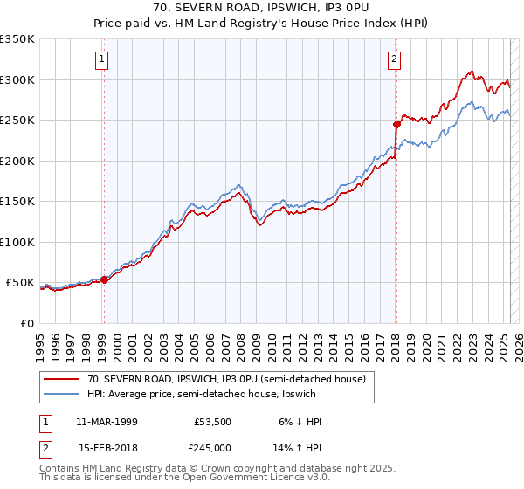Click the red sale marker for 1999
coord(104,280)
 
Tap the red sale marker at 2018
coord(396,125)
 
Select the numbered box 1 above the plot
coord(102,59)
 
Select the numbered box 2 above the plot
coord(395,59)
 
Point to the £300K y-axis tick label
coord(17,79)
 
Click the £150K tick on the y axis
coord(17,201)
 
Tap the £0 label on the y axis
coord(28,323)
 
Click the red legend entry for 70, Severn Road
coord(218,378)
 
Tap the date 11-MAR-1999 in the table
coord(107,422)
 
